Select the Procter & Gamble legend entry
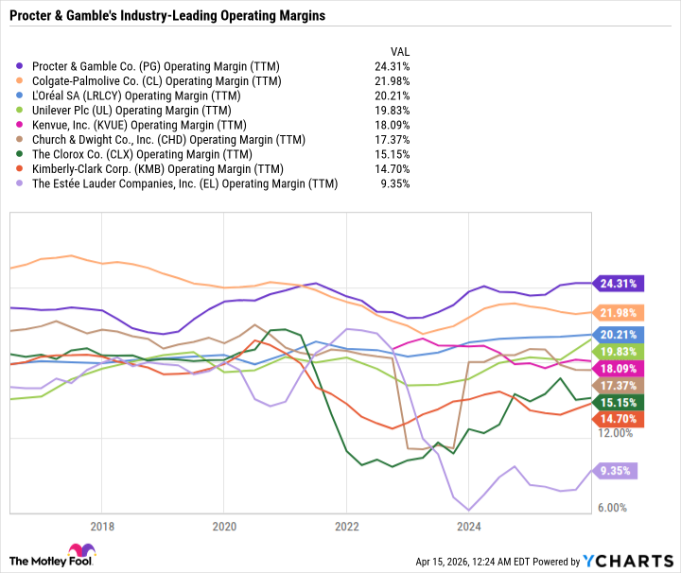(x=143, y=66)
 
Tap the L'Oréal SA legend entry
(x=132, y=95)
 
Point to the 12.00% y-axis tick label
(x=616, y=433)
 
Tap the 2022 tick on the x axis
(x=346, y=527)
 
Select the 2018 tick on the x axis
(x=102, y=527)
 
